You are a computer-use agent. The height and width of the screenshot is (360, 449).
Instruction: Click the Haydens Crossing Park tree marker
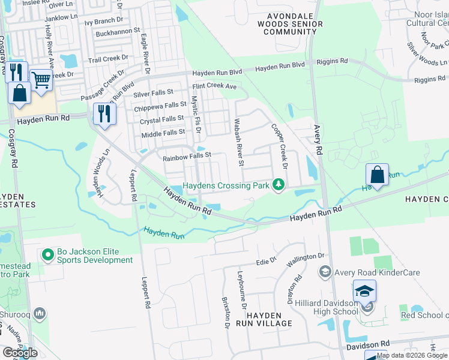click(x=277, y=185)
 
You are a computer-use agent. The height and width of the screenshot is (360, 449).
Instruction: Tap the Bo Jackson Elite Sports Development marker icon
click(x=49, y=256)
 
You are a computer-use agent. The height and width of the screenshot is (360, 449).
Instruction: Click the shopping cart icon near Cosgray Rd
click(x=41, y=79)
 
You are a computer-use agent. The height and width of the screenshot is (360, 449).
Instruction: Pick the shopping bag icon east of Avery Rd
click(x=377, y=175)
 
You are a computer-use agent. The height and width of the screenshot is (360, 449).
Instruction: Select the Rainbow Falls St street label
click(x=188, y=155)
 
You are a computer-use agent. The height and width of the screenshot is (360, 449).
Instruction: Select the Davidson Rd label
click(x=368, y=344)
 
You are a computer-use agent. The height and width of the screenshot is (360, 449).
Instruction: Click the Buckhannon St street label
click(x=118, y=29)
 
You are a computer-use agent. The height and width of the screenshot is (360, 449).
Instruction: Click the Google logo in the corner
click(x=20, y=353)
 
